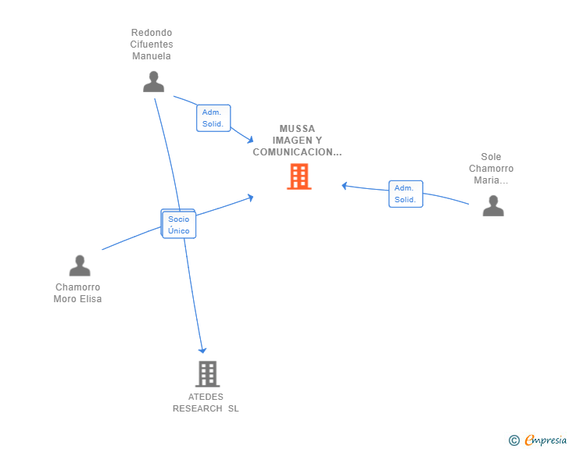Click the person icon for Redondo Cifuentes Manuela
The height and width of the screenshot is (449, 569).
(x=154, y=81)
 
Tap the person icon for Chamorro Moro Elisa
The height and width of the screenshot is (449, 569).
(x=80, y=265)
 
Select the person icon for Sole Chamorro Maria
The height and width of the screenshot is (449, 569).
(x=493, y=205)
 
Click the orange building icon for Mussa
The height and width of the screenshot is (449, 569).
(x=299, y=176)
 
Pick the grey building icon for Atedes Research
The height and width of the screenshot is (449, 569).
(x=207, y=374)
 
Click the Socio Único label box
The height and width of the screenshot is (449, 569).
(x=179, y=225)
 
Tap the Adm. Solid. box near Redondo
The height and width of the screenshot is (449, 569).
(x=213, y=118)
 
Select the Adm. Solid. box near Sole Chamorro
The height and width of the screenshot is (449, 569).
(x=405, y=194)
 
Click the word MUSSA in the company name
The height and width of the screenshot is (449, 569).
(x=297, y=129)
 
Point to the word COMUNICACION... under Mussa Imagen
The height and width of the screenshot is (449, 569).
(x=297, y=152)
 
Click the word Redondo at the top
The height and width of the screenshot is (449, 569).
(x=152, y=33)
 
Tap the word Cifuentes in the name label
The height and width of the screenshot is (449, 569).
(x=152, y=45)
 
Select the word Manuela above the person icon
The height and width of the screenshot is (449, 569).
(x=152, y=56)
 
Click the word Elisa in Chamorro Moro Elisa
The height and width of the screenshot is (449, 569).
(x=90, y=299)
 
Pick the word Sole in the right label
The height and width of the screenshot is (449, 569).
(x=491, y=157)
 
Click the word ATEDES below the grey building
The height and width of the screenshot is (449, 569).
(x=206, y=397)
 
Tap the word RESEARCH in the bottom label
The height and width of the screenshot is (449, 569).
(x=198, y=408)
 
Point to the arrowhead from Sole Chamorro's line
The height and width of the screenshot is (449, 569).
(x=345, y=186)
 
